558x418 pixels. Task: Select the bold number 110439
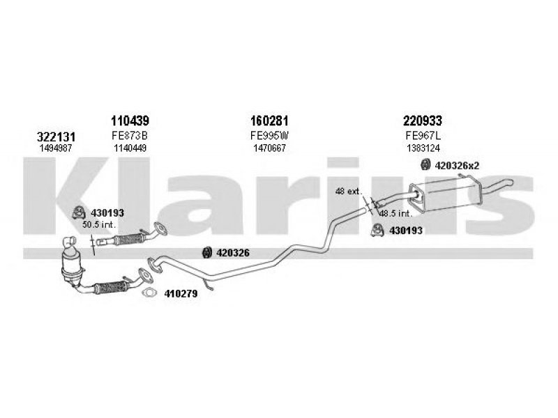[x=129, y=121]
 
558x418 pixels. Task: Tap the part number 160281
[x=269, y=121]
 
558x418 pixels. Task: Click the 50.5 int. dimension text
[x=99, y=225]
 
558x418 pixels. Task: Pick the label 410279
[x=181, y=294]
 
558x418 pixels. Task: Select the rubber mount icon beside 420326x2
[x=423, y=165]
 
